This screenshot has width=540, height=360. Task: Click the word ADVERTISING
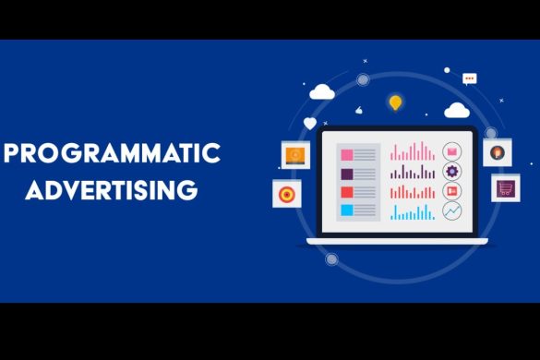(112, 191)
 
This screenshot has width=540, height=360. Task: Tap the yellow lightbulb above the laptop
(395, 102)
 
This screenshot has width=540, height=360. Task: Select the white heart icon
(310, 123)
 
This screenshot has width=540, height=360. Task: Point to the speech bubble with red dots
(469, 79)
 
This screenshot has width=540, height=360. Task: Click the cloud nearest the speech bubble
(456, 112)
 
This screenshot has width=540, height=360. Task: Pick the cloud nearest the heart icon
(322, 91)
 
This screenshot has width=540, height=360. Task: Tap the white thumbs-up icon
(360, 109)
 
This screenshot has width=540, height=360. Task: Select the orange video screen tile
(294, 154)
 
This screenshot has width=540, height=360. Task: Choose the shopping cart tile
(505, 188)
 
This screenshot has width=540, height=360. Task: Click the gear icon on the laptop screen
(452, 171)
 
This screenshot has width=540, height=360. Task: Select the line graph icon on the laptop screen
(452, 212)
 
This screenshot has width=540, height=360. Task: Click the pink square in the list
(346, 152)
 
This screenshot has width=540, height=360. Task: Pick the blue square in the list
(346, 211)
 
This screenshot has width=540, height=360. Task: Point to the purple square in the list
(346, 173)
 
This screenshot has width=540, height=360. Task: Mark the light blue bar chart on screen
(413, 213)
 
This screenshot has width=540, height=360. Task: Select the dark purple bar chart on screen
(413, 173)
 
